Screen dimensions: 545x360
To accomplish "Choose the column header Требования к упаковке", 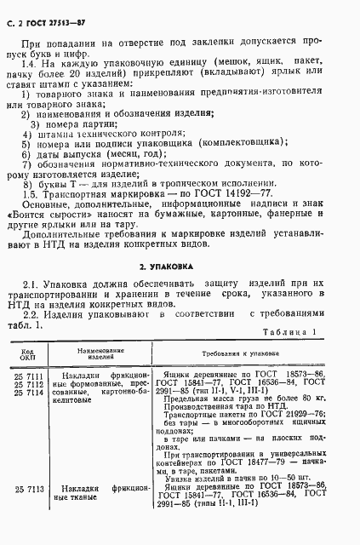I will tap(242, 352).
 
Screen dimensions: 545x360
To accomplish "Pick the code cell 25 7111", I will tap(27, 374).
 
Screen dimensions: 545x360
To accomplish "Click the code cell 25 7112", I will tap(27, 382).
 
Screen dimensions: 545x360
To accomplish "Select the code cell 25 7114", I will tap(27, 391).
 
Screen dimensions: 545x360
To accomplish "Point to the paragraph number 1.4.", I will tap(34, 65).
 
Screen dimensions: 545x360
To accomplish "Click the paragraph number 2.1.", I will tap(34, 284).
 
